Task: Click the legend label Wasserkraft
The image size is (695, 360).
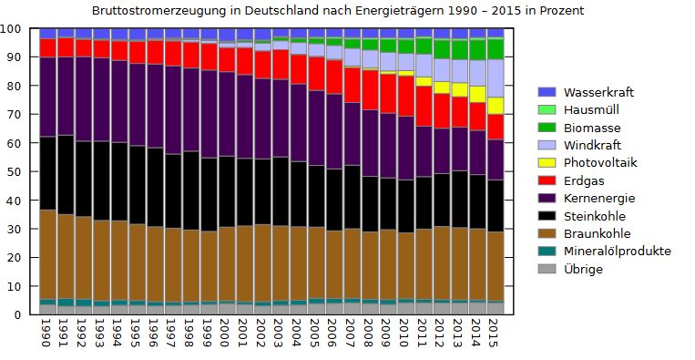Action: click(598, 92)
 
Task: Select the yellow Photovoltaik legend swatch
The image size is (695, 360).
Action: click(547, 162)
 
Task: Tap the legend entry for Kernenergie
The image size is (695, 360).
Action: click(600, 198)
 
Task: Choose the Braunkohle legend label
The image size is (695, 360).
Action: click(598, 232)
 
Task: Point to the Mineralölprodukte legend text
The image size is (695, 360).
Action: click(617, 251)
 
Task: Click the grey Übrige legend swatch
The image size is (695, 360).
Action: click(547, 268)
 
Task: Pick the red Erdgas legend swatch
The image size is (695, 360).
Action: click(547, 180)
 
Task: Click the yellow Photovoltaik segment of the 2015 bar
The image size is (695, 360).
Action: click(494, 105)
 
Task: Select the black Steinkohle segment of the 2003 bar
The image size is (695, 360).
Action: click(280, 190)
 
